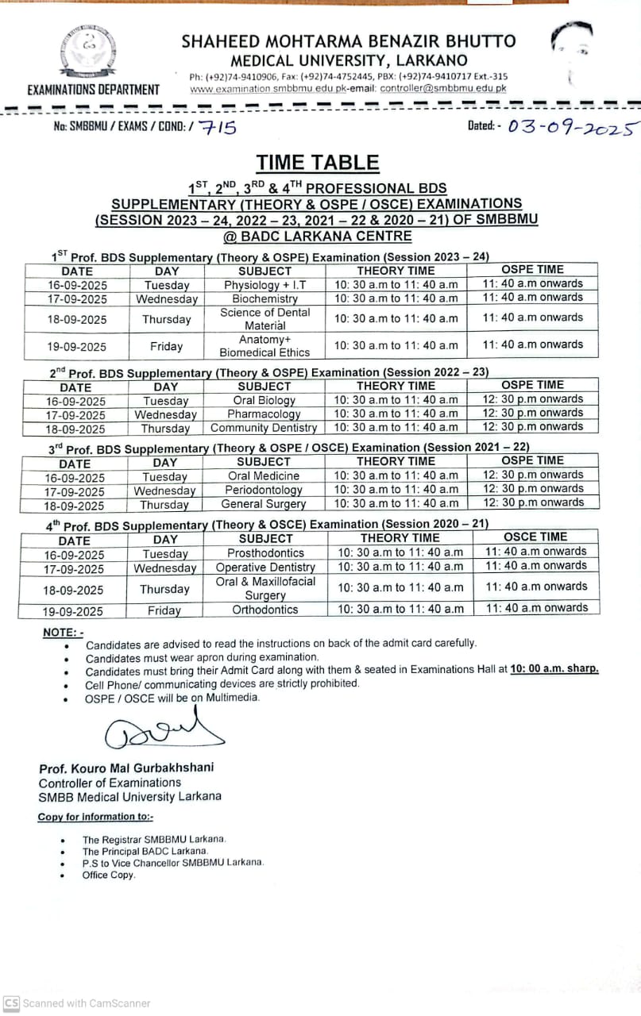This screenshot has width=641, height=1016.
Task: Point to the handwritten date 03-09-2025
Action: point(573,127)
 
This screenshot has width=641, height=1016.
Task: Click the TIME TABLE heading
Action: point(318,164)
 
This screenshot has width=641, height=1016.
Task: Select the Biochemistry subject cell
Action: point(265,299)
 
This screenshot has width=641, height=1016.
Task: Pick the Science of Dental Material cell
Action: point(265,319)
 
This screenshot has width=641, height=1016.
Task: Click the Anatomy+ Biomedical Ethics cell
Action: point(265,346)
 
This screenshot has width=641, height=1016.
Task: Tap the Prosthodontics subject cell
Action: point(265,553)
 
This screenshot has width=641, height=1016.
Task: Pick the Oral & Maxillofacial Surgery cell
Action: point(265,588)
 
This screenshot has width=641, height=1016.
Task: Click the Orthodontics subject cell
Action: point(265,610)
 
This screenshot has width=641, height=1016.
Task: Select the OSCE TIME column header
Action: point(536,537)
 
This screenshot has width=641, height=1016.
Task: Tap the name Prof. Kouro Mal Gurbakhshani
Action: point(126,768)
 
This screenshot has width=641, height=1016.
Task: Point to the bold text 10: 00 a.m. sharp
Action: point(554,669)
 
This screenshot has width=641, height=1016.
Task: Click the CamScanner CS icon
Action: point(11,1003)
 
